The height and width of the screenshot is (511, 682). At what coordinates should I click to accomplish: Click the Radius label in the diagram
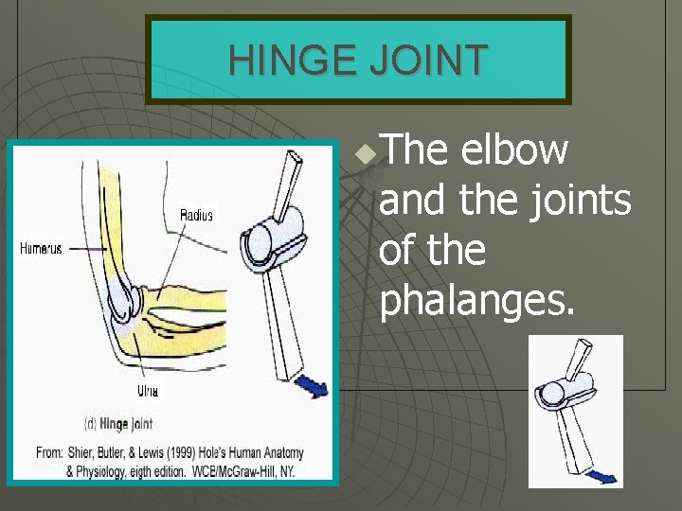tap(196, 216)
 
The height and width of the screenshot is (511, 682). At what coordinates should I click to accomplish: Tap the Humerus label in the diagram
tap(41, 249)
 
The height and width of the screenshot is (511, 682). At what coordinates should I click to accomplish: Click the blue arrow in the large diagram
tap(312, 386)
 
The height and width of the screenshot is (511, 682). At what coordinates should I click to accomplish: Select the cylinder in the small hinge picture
tap(568, 386)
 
